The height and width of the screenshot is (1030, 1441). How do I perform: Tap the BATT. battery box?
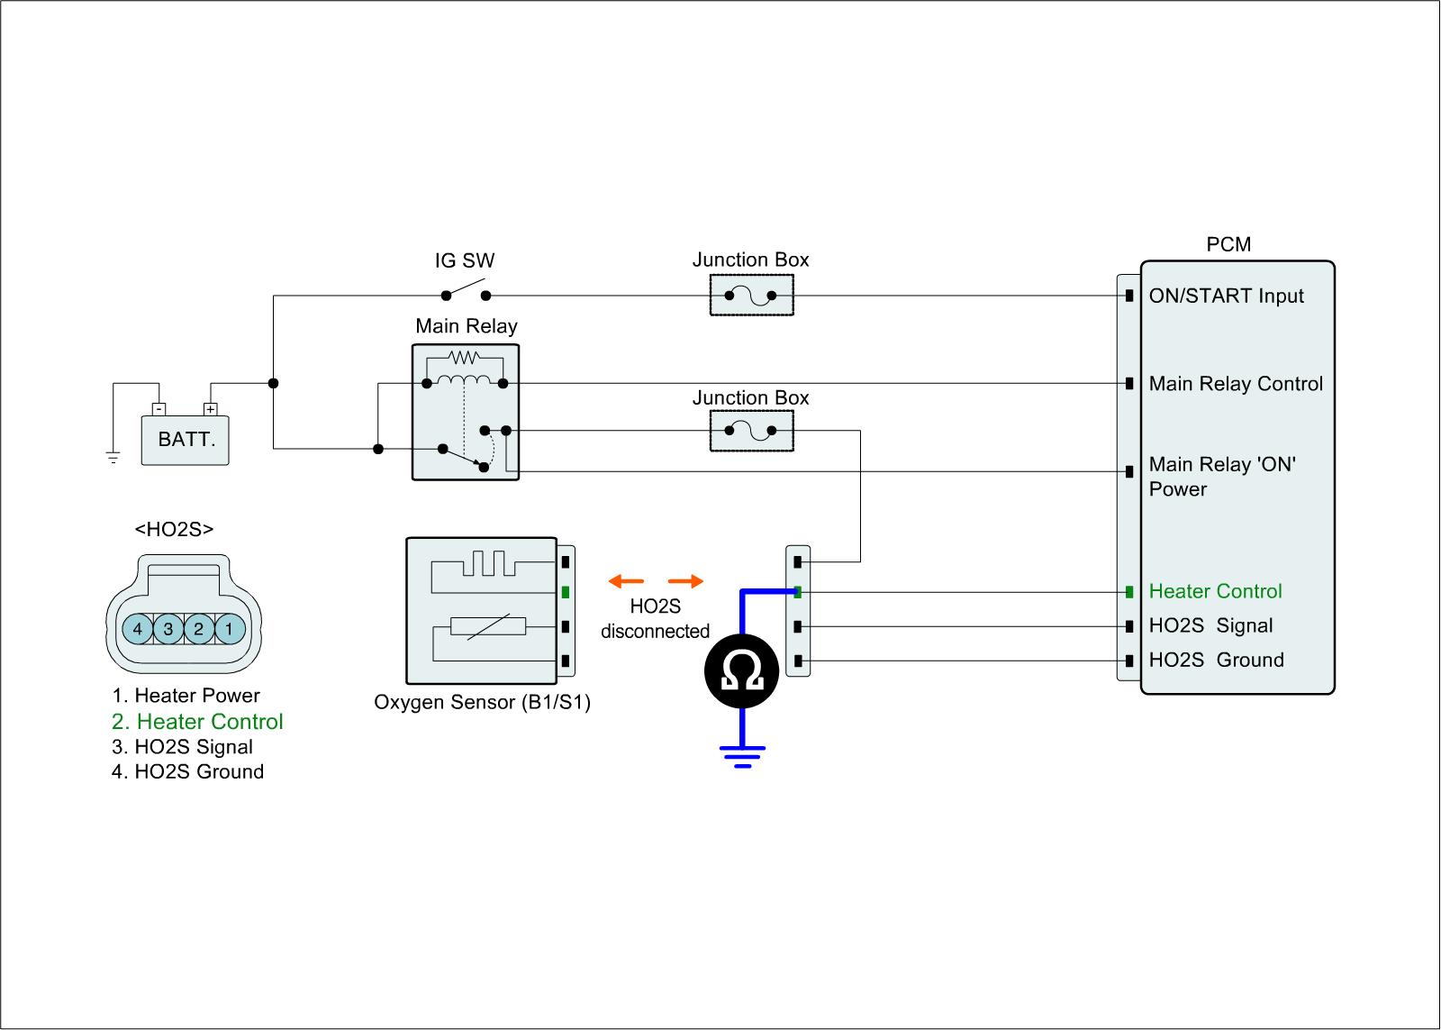point(186,440)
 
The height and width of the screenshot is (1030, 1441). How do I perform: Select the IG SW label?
point(465,261)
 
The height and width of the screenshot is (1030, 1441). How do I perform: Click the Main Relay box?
point(466,412)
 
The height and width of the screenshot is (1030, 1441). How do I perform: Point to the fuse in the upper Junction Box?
point(751,296)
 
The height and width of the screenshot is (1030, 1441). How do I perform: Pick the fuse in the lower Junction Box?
point(751,432)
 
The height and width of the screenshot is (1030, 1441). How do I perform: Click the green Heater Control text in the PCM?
point(1215,591)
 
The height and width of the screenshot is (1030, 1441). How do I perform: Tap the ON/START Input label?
point(1226,296)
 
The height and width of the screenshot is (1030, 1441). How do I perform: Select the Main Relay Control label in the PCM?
point(1236,384)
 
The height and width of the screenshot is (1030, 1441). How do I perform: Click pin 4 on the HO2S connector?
point(138,628)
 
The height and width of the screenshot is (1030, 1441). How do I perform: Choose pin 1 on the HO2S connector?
point(229,628)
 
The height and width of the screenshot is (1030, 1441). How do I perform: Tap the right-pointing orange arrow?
point(685,581)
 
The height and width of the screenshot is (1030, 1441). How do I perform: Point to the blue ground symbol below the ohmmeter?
point(742,755)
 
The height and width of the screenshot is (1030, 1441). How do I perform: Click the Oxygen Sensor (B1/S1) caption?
point(482,702)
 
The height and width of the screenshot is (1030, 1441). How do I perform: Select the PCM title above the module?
point(1228,245)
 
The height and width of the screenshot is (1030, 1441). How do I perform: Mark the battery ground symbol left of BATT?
point(113,457)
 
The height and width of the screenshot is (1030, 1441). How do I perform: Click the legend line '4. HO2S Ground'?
point(187,771)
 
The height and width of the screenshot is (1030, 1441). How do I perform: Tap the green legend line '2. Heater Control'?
point(197,722)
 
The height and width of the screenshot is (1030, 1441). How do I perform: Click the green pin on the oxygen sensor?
point(565,592)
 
